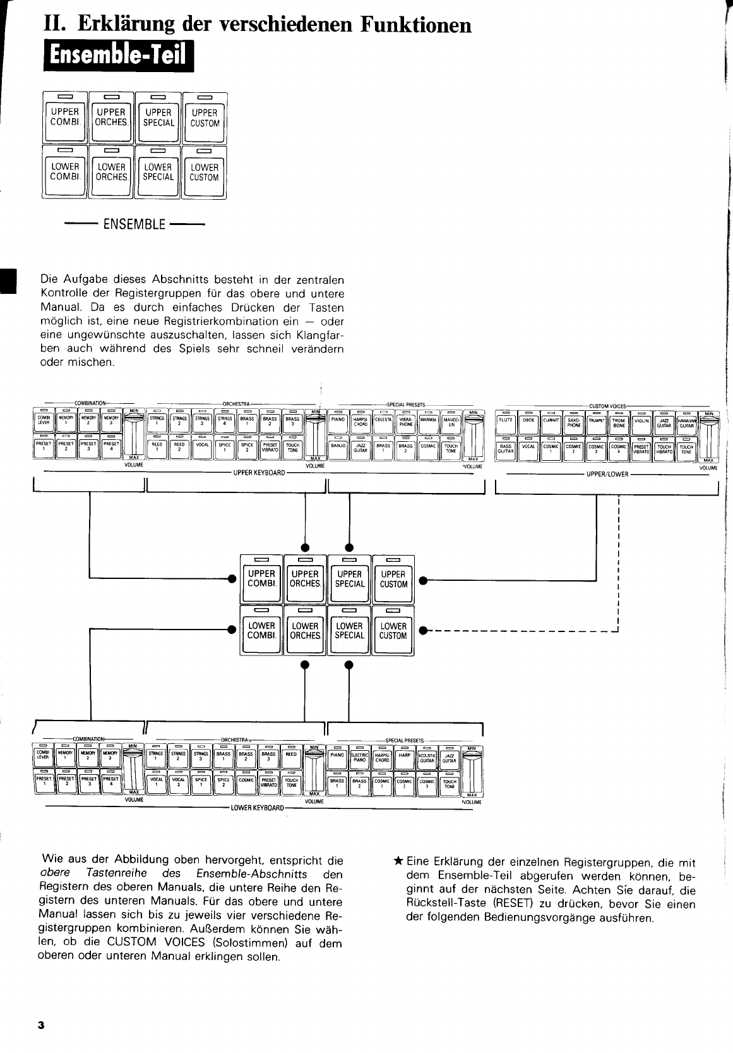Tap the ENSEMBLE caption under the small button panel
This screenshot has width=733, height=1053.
[x=134, y=224]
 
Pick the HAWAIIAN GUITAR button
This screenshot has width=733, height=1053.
[x=686, y=422]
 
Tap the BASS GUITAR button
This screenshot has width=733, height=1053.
[x=506, y=448]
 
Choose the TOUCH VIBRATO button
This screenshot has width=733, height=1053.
[x=664, y=448]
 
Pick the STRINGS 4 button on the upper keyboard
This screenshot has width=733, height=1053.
[x=224, y=422]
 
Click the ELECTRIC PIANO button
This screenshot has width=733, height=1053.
[x=359, y=758]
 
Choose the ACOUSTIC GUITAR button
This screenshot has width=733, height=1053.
[x=427, y=758]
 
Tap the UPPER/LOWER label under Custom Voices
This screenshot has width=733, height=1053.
[x=607, y=473]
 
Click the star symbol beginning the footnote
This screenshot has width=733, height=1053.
[x=398, y=861]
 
